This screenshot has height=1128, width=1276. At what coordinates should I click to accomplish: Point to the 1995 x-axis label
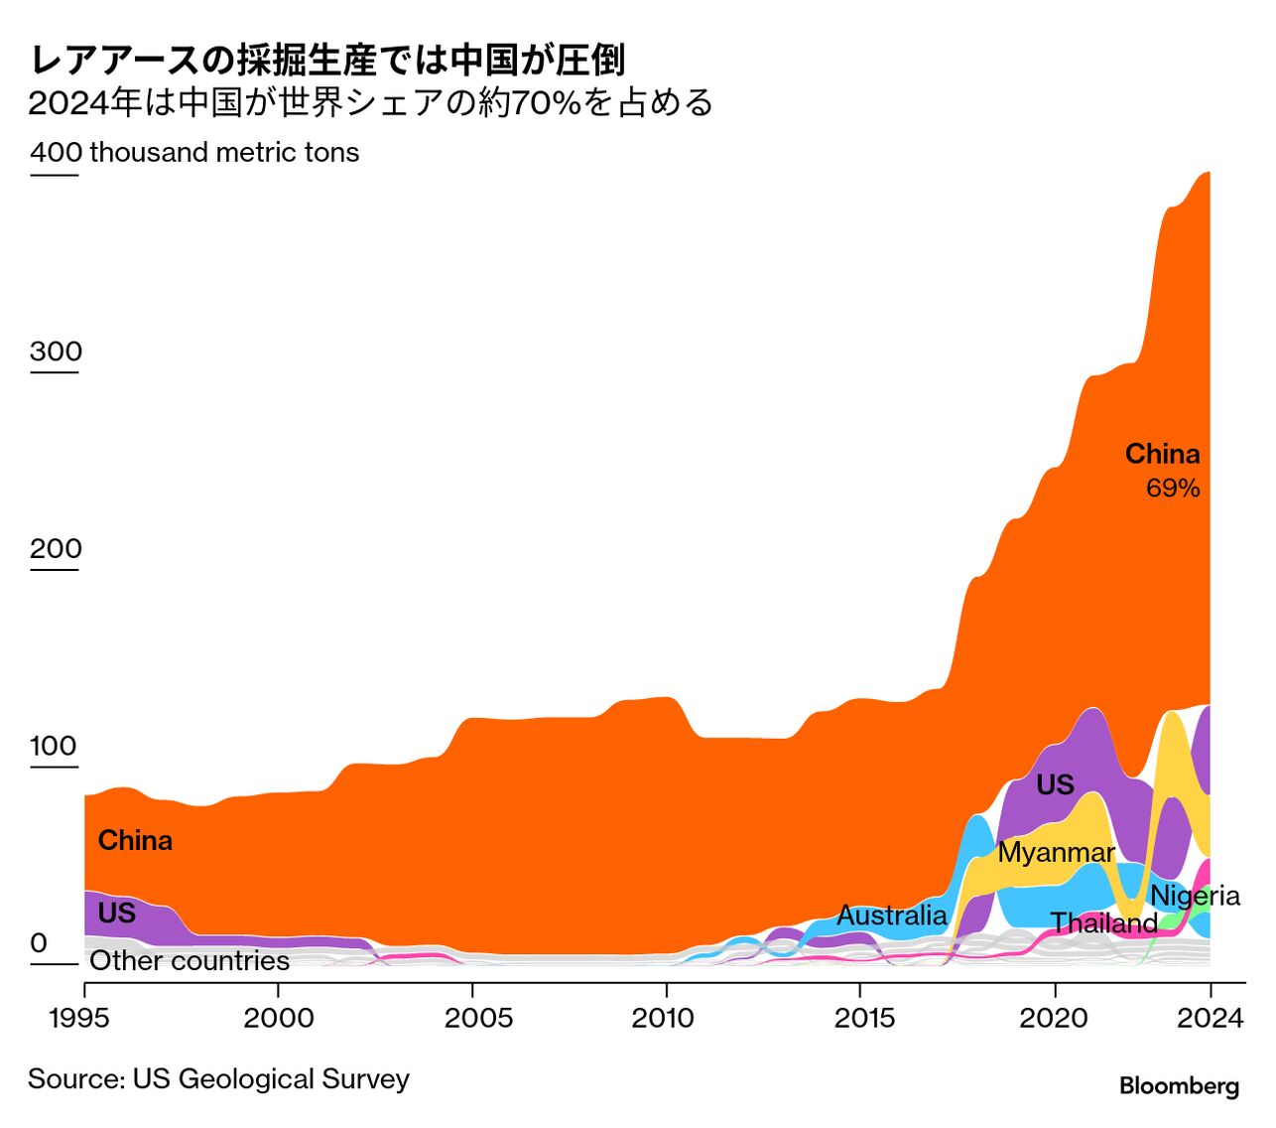[x=83, y=1018]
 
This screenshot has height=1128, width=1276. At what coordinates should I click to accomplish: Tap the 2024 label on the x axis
[x=1209, y=1018]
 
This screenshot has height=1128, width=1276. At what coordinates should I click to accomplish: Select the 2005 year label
[x=472, y=1018]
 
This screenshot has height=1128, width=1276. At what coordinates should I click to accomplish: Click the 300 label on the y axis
[x=56, y=352]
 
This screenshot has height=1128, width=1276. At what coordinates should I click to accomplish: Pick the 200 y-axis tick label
[x=56, y=549]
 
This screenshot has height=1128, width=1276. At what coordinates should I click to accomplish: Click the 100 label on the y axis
[x=54, y=746]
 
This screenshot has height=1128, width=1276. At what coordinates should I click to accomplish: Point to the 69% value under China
[x=1173, y=488]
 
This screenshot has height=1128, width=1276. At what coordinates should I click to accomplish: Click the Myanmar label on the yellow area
[x=1056, y=852]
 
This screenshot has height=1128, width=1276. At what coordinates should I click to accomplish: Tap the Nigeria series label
[x=1195, y=896]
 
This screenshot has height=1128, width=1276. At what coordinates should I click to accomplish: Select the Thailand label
[x=1103, y=923]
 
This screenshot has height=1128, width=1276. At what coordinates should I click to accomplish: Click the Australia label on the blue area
[x=891, y=915]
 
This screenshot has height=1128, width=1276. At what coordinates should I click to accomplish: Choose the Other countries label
[x=190, y=960]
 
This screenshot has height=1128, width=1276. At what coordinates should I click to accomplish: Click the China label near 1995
[x=135, y=840]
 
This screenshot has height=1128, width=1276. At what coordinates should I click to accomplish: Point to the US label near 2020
[x=1055, y=784]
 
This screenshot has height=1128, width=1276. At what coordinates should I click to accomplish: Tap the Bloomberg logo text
[x=1179, y=1085]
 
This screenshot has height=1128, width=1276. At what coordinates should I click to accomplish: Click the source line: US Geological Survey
[x=218, y=1079]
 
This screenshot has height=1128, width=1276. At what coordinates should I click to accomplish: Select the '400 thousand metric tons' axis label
[x=194, y=152]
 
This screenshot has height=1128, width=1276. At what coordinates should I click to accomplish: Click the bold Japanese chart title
[x=327, y=60]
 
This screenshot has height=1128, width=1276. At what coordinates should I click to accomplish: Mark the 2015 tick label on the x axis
[x=860, y=1018]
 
